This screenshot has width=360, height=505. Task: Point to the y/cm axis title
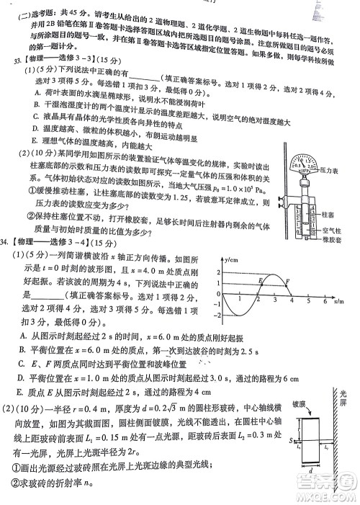tap(231, 257)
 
